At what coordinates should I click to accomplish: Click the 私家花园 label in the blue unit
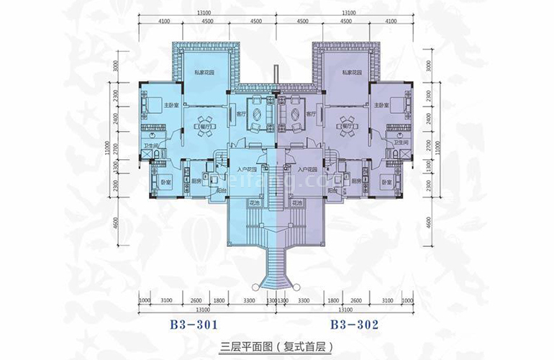pos(206,72)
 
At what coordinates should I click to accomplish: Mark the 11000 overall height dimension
pos(117,148)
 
